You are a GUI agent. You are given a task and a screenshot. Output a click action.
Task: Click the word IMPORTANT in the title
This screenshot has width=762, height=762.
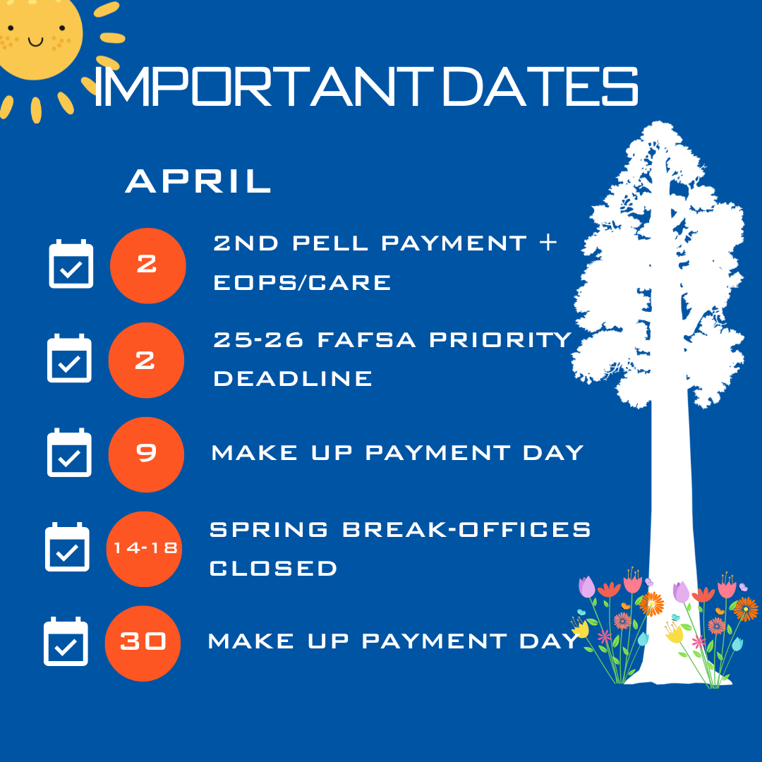(263, 87)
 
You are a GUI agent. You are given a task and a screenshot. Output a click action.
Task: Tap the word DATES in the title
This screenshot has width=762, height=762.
(540, 87)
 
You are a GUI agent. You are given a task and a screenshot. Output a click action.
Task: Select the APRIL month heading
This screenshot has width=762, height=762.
(198, 181)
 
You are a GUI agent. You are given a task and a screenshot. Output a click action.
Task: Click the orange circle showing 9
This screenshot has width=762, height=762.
(146, 454)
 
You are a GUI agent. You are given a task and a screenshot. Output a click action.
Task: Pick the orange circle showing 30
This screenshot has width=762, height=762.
(143, 643)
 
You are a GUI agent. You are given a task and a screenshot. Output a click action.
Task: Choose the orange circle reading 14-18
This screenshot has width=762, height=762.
(145, 549)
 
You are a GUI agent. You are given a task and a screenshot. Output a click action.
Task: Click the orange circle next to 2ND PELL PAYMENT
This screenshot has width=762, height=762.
(148, 266)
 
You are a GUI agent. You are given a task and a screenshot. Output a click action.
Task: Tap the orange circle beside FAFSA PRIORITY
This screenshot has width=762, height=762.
(146, 360)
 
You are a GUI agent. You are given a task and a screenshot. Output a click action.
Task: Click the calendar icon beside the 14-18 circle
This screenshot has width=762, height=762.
(67, 548)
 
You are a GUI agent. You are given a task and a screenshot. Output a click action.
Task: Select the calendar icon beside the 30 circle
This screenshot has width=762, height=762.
(66, 641)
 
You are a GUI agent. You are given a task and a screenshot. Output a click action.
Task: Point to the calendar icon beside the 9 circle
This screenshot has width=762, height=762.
(69, 452)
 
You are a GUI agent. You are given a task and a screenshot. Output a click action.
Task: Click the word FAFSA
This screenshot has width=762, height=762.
(366, 339)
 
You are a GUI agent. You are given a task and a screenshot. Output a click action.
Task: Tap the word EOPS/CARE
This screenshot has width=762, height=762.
(302, 283)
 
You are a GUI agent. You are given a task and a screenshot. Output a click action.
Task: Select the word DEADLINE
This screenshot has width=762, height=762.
(293, 379)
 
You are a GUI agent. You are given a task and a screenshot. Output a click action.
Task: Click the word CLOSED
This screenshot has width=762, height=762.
(273, 569)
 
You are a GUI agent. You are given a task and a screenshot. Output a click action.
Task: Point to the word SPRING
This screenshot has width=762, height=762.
(269, 530)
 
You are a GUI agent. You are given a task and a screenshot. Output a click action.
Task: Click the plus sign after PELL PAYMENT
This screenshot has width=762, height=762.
(548, 242)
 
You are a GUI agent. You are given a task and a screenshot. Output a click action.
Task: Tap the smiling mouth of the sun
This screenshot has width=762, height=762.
(35, 42)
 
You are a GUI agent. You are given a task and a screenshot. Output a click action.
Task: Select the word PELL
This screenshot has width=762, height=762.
(330, 243)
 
